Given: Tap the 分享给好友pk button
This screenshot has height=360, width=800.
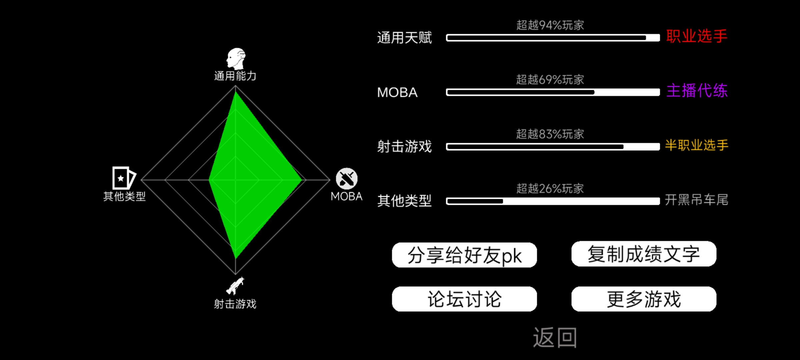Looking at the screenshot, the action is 464,255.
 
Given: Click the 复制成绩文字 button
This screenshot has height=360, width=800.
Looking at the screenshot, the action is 644,254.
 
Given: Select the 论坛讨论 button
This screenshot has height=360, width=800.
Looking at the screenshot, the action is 464,299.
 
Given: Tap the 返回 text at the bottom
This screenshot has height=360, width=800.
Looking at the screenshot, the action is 555,337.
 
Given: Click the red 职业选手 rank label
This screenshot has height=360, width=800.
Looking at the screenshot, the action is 697,36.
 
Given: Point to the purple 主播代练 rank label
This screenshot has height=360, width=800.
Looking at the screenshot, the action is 697,91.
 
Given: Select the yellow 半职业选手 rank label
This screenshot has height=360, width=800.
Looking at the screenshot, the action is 697,145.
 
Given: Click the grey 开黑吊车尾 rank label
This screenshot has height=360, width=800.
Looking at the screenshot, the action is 697,200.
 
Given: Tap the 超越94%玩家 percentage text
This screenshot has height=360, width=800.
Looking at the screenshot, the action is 550,25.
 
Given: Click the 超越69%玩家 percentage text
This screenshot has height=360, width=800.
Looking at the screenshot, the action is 550,80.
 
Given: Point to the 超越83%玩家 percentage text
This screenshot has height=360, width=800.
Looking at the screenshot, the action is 550,134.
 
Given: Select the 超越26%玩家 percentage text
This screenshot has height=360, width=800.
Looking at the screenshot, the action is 550,189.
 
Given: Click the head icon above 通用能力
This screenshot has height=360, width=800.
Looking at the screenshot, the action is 236,59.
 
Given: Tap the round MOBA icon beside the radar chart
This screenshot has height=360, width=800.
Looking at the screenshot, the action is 347,179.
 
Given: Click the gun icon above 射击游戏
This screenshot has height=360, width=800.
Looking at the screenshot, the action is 235,286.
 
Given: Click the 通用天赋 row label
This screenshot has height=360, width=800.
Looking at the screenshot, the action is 404,38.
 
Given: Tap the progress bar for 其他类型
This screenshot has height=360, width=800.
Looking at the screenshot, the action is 553,201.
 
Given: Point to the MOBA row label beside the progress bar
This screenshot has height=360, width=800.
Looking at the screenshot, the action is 397,92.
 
